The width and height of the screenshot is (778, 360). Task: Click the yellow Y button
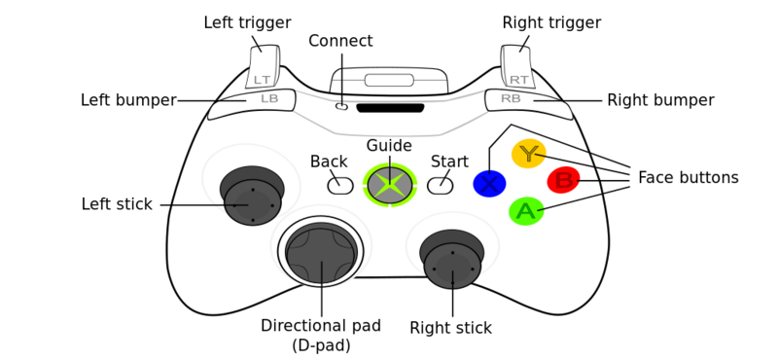(x=528, y=154)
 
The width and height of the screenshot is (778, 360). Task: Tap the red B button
(x=563, y=180)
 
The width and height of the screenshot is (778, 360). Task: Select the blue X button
(x=489, y=184)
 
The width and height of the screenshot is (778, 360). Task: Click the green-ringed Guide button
(x=390, y=185)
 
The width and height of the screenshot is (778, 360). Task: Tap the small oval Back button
(x=340, y=185)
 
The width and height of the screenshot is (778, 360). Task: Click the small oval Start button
(x=440, y=185)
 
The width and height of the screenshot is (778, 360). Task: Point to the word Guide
(x=389, y=146)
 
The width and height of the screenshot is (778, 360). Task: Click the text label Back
(x=329, y=162)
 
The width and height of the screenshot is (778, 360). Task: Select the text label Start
(x=449, y=162)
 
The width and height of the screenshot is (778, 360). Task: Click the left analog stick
(x=253, y=200)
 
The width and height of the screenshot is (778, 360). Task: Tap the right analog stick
(x=452, y=264)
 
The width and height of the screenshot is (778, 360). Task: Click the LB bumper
(x=255, y=100)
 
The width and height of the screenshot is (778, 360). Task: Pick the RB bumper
(x=523, y=99)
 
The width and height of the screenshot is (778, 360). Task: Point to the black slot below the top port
(x=390, y=108)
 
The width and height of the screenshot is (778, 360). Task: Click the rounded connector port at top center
(x=389, y=80)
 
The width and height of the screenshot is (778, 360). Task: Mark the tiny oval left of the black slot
(x=341, y=106)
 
